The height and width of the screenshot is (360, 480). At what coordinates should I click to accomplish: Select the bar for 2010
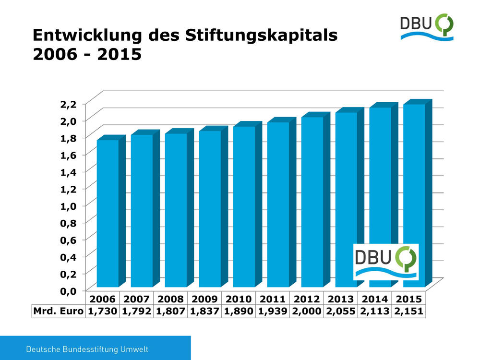click(244, 206)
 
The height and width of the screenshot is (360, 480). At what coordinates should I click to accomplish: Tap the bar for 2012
click(312, 202)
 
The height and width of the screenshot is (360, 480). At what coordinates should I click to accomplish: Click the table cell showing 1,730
click(102, 312)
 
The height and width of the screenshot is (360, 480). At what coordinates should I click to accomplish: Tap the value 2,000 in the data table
click(307, 312)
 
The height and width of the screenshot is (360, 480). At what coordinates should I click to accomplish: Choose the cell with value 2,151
click(408, 312)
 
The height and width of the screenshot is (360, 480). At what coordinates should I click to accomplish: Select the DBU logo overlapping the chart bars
click(386, 262)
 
